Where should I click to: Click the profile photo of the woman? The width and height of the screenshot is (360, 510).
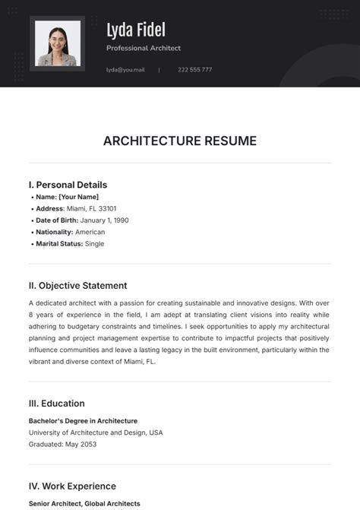pos(58,45)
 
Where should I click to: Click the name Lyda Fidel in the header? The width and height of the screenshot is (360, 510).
pos(136,30)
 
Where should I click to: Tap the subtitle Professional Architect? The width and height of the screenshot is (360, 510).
pos(144,49)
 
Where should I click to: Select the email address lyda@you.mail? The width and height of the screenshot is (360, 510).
pos(125,70)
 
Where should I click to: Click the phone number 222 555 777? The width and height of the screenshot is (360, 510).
pos(195,70)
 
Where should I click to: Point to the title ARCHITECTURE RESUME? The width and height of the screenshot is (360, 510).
pos(180,141)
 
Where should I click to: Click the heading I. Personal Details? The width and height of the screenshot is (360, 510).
pos(68,185)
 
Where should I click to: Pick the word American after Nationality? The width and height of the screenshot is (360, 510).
pos(90,232)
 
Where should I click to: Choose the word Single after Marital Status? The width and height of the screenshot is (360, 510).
pos(95,244)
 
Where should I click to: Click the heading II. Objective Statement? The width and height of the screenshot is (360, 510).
pos(77,286)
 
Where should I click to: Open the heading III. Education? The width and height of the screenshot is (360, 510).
pos(56,404)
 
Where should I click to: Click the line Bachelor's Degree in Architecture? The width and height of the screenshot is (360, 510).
pos(83,420)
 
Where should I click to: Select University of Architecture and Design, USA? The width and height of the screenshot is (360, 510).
pos(96,432)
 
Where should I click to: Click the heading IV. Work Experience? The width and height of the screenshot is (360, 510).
pos(72,486)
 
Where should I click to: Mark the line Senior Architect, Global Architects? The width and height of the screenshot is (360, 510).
pos(84,503)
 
